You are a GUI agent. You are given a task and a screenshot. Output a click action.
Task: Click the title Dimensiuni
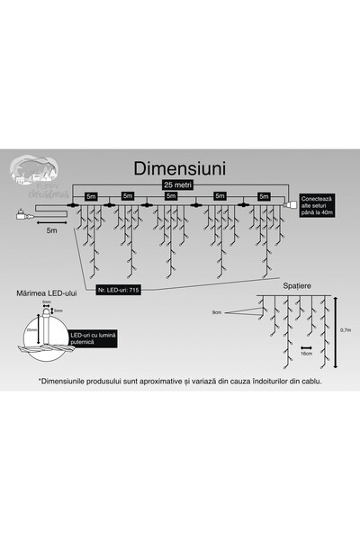[179, 168]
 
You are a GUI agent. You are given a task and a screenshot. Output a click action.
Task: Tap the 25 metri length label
[177, 184]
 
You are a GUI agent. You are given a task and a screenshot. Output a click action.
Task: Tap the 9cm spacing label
[216, 313]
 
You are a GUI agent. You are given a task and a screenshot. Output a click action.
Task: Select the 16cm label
[307, 354]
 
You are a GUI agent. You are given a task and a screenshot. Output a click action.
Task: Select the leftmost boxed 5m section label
[90, 195]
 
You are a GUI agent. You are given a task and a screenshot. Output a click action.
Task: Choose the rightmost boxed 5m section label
[263, 195]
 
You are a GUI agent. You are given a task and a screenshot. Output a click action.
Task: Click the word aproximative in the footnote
[184, 381]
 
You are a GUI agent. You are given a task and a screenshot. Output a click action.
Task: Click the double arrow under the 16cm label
[307, 346]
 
